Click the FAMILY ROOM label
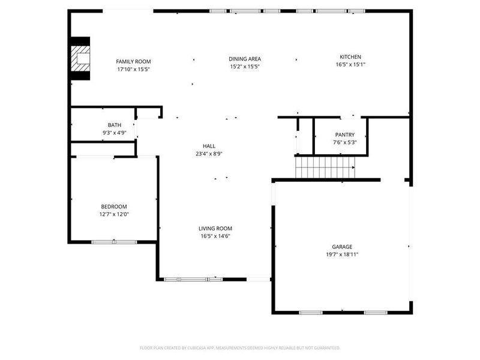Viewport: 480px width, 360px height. pyautogui.click(x=133, y=61)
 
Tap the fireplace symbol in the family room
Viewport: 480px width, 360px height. pyautogui.click(x=80, y=59)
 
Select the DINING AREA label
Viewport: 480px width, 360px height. pyautogui.click(x=245, y=59)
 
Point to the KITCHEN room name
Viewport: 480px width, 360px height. pyautogui.click(x=350, y=57)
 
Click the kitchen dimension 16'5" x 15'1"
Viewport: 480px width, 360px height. pyautogui.click(x=350, y=65)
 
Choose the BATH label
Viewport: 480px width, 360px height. pyautogui.click(x=114, y=125)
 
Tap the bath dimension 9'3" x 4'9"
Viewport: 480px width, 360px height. pyautogui.click(x=114, y=133)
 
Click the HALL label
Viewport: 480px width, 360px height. pyautogui.click(x=209, y=146)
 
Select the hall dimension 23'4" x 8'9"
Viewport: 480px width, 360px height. pyautogui.click(x=209, y=154)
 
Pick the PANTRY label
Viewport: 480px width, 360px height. pyautogui.click(x=344, y=135)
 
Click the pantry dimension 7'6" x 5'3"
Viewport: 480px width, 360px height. pyautogui.click(x=344, y=142)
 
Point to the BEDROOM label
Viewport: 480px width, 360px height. pyautogui.click(x=114, y=206)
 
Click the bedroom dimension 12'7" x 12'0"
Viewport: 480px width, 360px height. pyautogui.click(x=114, y=214)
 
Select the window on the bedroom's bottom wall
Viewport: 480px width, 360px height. pyautogui.click(x=114, y=242)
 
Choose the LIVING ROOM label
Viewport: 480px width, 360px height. pyautogui.click(x=215, y=228)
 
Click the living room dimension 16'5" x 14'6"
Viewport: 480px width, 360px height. pyautogui.click(x=215, y=236)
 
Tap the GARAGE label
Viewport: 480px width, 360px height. pyautogui.click(x=342, y=247)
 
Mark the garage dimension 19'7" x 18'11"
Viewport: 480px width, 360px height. pyautogui.click(x=342, y=254)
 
